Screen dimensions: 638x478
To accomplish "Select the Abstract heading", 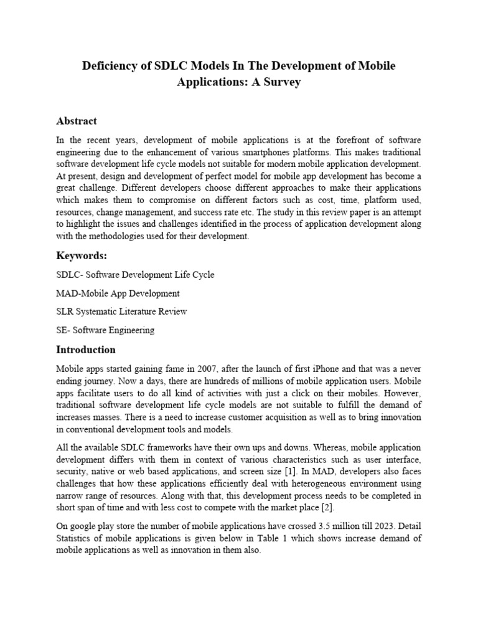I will (77, 121).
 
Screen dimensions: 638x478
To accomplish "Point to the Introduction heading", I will (86, 350).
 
